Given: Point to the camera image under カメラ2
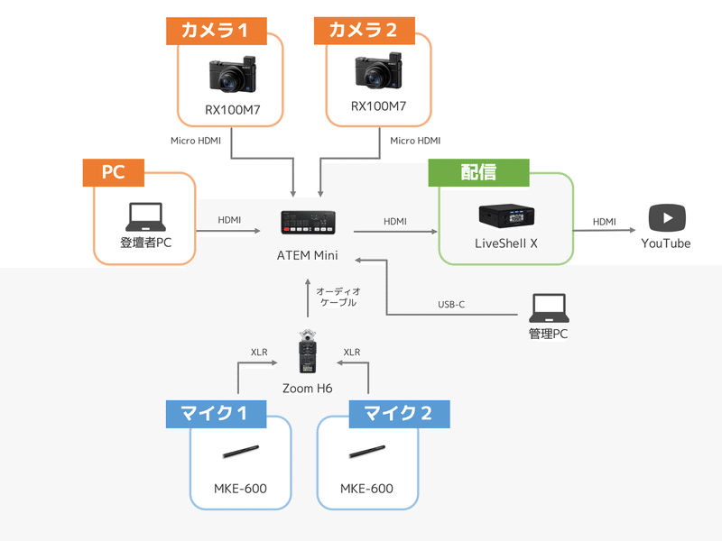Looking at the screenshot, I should pos(379,72).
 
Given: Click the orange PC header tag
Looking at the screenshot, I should pos(113,172).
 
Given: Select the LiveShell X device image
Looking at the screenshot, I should pos(505,217).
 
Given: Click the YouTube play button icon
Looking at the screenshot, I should pos(667,218).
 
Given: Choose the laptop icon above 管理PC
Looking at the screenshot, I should pos(550,308).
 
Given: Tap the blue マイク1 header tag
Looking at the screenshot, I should pos(216,414).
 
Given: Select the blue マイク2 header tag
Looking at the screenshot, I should pos(397,414).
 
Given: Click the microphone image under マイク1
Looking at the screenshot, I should pos(240,451).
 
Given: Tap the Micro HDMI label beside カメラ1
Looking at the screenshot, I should pos(196,141).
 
